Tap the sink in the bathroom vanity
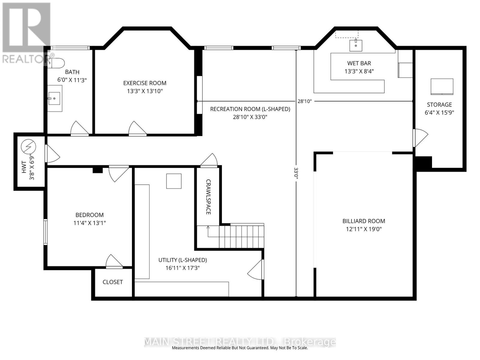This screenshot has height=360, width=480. coord(54,98)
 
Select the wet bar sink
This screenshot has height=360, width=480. coord(356,45)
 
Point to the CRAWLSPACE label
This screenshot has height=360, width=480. coord(208,197)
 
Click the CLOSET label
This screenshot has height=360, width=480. coord(112,282)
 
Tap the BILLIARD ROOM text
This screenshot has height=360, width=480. coord(364,221)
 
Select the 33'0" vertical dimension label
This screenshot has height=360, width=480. coord(296,173)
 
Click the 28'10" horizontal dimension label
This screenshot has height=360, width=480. coord(304,101)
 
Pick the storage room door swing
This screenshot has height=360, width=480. coord(420,137)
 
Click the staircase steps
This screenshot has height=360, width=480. coord(241,236)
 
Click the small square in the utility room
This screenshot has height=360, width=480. coord(174,181)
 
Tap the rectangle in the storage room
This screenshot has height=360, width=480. coord(442,86)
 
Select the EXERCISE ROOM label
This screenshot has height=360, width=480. coord(145,83)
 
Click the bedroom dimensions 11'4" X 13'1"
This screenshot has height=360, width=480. coord(89,223)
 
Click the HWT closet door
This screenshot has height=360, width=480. coord(52,154)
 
